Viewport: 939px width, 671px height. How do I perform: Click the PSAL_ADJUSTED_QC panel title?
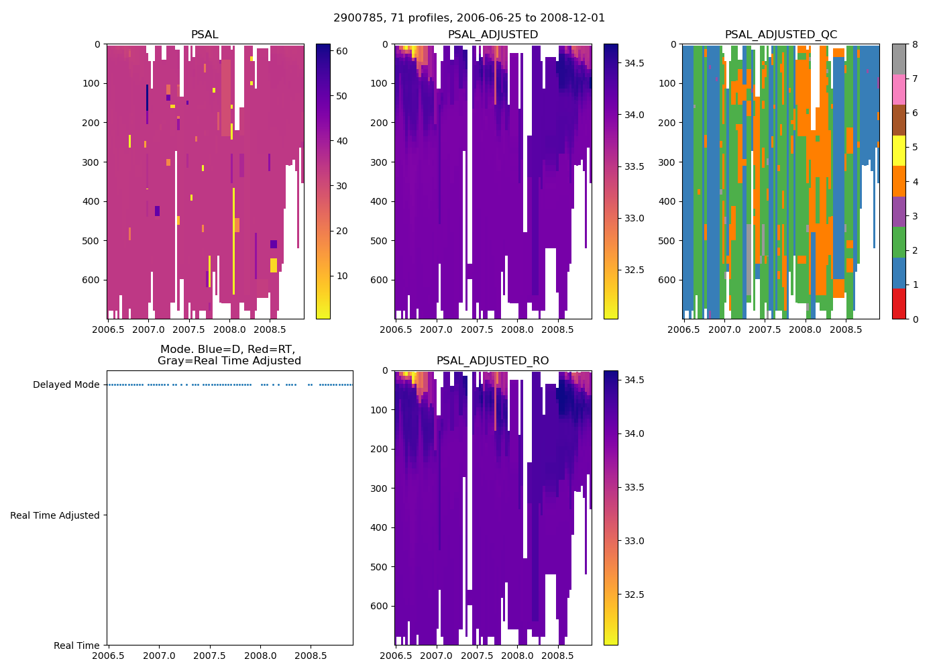coord(781,35)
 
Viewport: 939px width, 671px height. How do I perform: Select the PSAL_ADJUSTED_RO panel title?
coord(492,361)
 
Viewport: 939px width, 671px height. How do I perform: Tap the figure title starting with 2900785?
coord(469,18)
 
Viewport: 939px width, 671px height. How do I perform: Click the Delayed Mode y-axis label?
coord(66,385)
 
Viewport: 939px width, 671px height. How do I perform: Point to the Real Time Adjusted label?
coord(55,515)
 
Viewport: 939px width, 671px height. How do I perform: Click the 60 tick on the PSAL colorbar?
coord(341,51)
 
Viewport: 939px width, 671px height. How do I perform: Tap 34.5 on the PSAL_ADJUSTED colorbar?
coord(634,63)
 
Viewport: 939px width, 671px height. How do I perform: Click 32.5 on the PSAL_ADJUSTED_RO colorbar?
coord(634,595)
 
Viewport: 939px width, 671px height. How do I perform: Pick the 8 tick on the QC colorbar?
coord(914,44)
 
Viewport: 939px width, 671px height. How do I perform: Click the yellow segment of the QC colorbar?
coord(899,151)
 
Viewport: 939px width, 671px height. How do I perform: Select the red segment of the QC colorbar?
coord(899,304)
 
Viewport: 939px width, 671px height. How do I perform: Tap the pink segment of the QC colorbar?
coord(899,90)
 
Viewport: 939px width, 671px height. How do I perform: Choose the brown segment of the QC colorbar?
coord(899,120)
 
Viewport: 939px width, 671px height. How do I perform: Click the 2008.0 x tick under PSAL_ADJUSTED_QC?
coord(805,329)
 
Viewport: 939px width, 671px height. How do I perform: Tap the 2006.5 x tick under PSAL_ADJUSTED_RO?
coord(396,656)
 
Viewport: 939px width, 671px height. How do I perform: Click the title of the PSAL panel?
coord(205,35)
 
